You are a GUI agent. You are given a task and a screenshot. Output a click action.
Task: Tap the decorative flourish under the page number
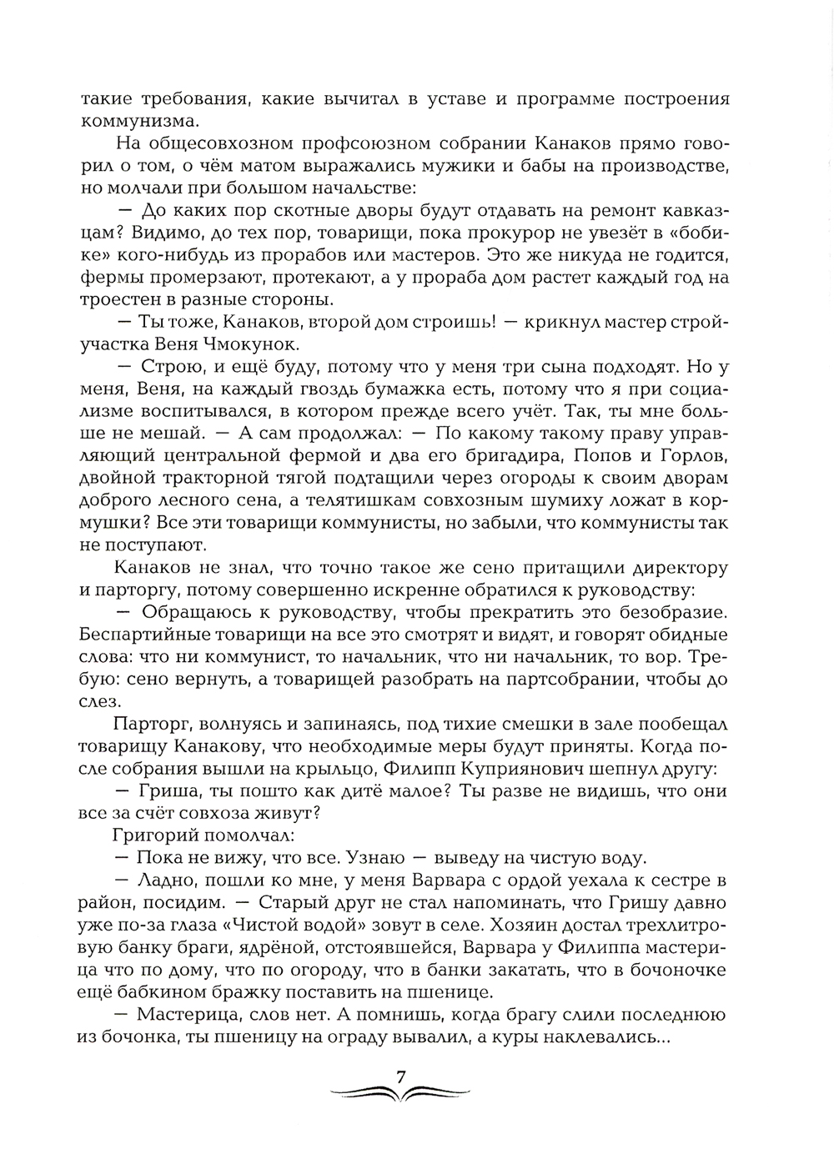pyautogui.click(x=401, y=1092)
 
